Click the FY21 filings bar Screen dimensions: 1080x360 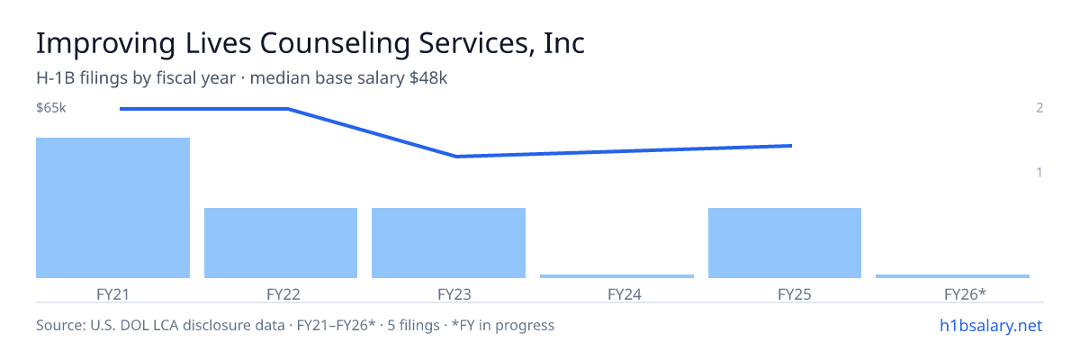[112, 208]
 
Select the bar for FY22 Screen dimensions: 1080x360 [281, 243]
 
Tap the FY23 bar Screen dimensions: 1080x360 [448, 243]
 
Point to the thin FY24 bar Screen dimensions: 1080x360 [616, 276]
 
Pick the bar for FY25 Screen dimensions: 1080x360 [785, 243]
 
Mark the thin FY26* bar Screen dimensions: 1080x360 [952, 276]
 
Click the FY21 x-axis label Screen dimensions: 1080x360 [112, 294]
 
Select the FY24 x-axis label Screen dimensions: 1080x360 [625, 294]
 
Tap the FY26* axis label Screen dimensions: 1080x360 [965, 294]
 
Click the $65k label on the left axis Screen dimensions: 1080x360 [51, 107]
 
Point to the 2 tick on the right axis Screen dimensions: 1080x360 [1039, 107]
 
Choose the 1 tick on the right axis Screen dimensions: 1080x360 [1039, 172]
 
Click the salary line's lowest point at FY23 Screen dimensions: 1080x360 [456, 156]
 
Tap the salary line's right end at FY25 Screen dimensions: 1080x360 [791, 146]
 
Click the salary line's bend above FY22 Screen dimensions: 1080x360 [288, 109]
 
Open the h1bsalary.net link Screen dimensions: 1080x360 [991, 325]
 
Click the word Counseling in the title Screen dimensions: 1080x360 [334, 43]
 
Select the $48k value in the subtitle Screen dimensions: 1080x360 [428, 77]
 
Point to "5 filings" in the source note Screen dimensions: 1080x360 [413, 325]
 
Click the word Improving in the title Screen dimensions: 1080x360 [105, 43]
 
